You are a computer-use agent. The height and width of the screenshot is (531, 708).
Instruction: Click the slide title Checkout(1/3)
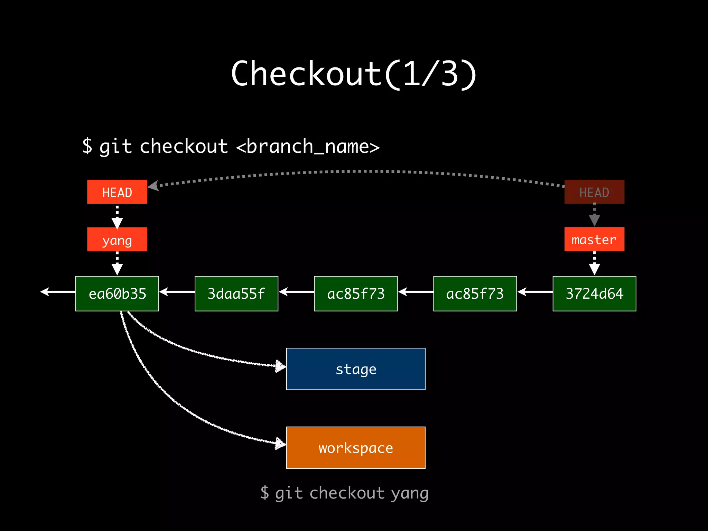point(354,73)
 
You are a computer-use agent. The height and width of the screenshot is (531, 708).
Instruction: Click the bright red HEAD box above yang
point(117,192)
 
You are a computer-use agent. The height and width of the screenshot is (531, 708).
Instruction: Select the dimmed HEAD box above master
point(594,192)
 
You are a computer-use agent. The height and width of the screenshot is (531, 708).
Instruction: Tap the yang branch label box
point(117,239)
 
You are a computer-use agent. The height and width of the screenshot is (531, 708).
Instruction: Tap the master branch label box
point(594,239)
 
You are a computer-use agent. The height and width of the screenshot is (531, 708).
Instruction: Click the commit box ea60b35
point(117,294)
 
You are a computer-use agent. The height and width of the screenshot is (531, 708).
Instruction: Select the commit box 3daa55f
point(236,294)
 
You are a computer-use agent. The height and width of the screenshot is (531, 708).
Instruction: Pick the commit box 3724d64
point(594,294)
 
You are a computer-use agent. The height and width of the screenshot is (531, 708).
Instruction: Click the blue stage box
point(356,369)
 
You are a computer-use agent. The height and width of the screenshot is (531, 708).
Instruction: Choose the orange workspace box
point(356,448)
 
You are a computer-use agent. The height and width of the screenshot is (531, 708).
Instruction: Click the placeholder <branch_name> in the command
point(308,147)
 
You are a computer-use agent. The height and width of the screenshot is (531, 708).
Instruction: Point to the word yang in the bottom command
point(410,493)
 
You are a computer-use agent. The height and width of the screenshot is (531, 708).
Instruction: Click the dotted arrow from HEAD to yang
point(117,216)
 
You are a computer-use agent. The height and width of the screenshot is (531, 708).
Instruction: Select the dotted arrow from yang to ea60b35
point(117,263)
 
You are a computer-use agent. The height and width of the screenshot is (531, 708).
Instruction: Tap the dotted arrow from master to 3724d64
point(594,263)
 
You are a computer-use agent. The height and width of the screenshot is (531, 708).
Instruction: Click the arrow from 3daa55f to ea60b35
point(177,292)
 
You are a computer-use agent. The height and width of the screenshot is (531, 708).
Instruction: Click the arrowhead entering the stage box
point(280,366)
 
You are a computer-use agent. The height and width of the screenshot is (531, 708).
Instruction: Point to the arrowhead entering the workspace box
point(280,443)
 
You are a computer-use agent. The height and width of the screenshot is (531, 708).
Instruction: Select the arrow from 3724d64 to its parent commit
point(535,292)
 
